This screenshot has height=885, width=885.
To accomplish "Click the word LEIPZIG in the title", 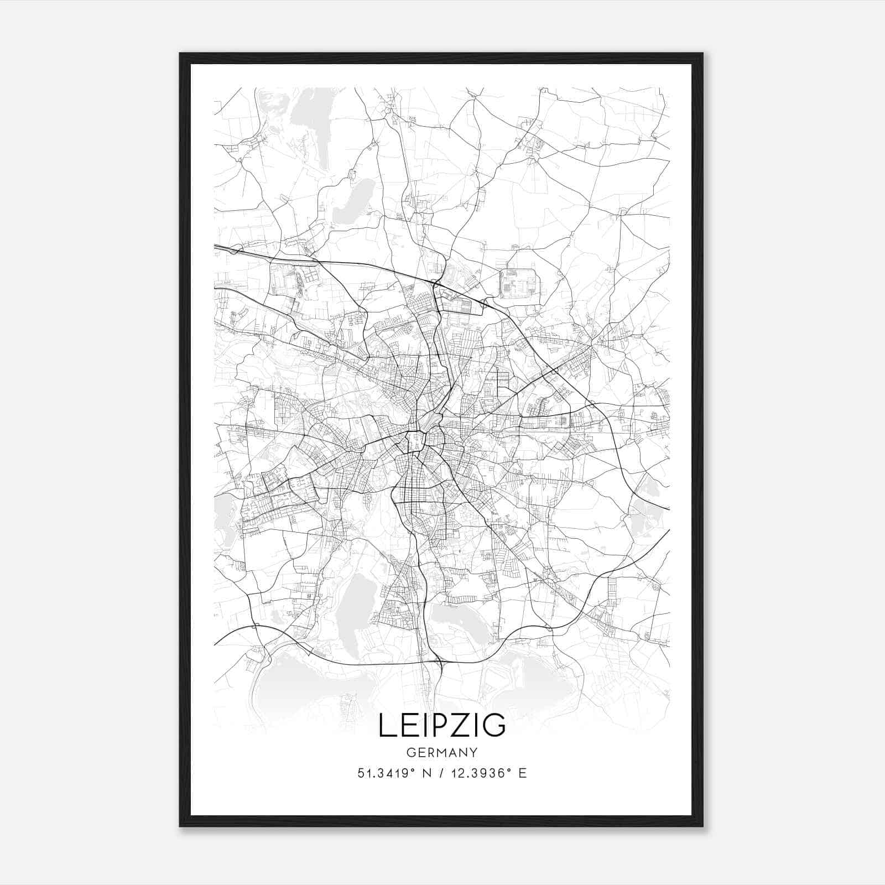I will point(442,725).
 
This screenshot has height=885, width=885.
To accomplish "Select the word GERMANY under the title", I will point(442,752).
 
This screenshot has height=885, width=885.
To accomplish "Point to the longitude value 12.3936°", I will point(478,773).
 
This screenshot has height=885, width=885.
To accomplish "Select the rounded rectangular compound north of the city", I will point(518,284).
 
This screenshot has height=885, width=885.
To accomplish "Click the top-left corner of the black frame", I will point(180,54).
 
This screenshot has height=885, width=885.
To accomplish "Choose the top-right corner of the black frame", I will point(702,54).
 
